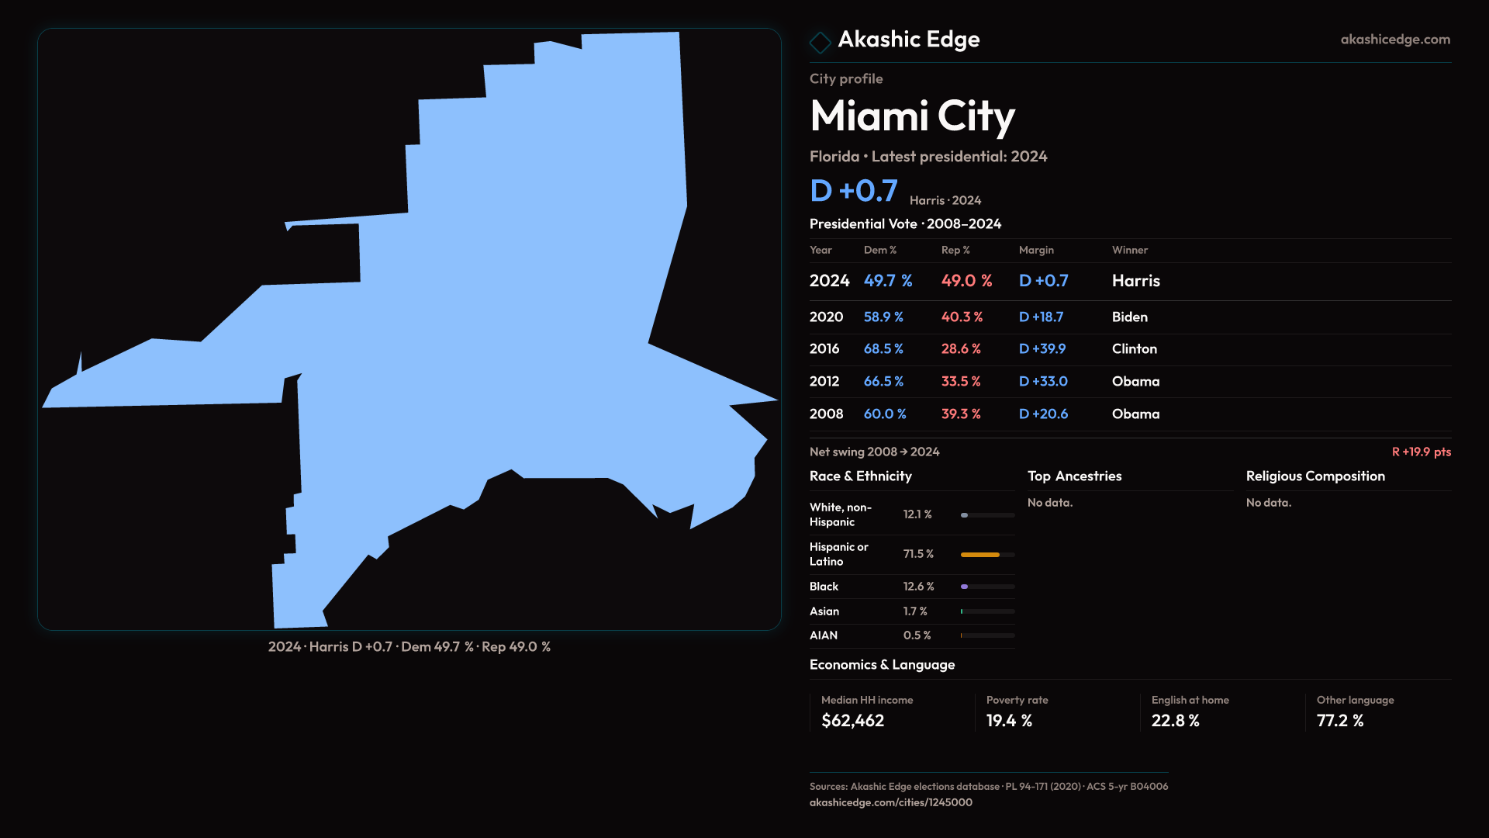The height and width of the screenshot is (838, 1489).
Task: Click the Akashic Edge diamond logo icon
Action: point(820,42)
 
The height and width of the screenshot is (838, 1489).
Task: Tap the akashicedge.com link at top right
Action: point(1395,40)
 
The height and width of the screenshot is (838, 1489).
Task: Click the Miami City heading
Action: point(912,116)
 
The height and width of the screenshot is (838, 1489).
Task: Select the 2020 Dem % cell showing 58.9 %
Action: point(883,317)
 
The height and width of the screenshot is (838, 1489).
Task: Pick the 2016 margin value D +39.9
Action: point(1042,349)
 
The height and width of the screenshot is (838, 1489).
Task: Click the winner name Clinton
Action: point(1134,349)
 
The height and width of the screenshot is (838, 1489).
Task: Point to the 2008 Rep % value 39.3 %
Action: point(961,414)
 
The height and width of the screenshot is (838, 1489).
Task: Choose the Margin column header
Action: point(1036,250)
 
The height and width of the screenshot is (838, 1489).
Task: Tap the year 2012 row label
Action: point(824,382)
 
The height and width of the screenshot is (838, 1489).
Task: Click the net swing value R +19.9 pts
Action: point(1421,452)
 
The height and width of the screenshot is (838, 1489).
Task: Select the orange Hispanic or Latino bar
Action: point(980,555)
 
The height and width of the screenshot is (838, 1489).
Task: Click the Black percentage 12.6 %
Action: point(918,587)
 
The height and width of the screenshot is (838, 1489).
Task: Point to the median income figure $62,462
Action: point(852,721)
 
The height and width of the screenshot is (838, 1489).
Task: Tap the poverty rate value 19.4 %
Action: point(1009,721)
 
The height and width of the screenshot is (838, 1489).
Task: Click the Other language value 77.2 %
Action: point(1339,721)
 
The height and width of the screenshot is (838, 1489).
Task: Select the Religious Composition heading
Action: point(1315,476)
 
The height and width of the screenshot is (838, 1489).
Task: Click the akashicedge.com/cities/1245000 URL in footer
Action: point(890,802)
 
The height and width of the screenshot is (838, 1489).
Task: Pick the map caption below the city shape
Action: point(409,647)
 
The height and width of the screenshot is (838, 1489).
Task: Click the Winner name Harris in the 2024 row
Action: point(1135,281)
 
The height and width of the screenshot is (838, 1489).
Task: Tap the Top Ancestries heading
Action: point(1074,476)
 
